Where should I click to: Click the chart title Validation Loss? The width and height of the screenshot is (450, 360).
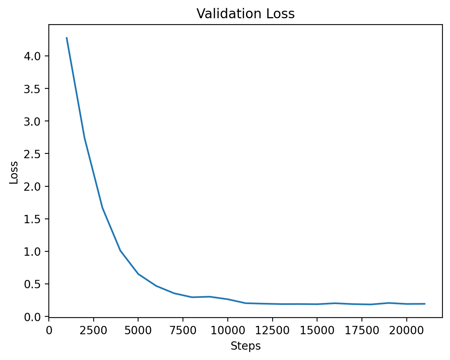(246, 14)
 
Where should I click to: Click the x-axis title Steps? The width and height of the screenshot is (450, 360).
(246, 346)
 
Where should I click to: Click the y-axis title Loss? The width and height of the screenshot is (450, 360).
(14, 172)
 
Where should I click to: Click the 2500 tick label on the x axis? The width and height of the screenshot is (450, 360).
(93, 329)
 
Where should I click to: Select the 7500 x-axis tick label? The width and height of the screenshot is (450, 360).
(183, 329)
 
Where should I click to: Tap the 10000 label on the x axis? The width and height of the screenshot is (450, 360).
(227, 329)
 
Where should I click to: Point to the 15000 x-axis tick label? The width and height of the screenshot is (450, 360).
(317, 329)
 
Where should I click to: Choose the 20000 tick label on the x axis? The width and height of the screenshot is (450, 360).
(406, 329)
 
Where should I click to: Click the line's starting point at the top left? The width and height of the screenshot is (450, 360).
(67, 38)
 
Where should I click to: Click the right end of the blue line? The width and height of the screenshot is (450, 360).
(425, 304)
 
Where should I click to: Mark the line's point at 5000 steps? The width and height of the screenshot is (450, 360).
(138, 274)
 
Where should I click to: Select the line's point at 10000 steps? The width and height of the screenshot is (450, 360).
(227, 299)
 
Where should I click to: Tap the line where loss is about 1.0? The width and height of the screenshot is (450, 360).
(120, 251)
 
